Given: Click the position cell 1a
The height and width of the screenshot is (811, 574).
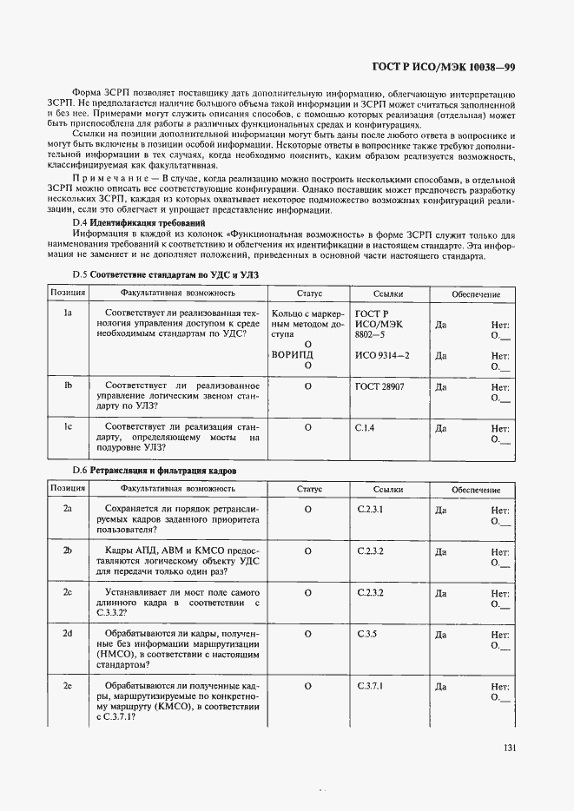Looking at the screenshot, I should [67, 313].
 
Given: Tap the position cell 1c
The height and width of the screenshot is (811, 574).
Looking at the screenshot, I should [67, 427].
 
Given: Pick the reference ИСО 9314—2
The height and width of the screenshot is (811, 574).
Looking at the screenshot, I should [383, 355].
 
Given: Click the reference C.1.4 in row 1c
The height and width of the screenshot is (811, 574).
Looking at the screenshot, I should [365, 427].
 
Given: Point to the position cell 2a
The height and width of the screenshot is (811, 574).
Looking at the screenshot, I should [67, 508].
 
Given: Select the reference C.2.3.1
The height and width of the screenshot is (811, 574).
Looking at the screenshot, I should [370, 508].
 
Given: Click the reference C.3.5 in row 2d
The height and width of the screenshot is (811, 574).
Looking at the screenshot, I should [366, 635].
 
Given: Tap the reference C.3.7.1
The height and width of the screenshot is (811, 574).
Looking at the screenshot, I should [370, 686].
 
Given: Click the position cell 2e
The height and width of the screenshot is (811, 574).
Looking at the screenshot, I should [67, 686].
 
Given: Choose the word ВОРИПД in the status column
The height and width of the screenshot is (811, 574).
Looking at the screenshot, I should [293, 355].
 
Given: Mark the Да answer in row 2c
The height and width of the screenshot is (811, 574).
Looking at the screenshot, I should [440, 594].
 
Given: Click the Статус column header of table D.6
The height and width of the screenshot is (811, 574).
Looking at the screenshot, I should [308, 490].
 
